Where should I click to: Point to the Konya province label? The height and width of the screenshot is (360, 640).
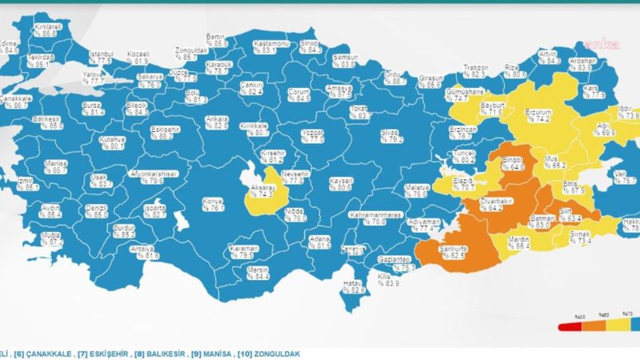pyautogui.click(x=214, y=204)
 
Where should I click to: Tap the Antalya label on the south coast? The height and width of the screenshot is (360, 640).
pyautogui.click(x=148, y=252)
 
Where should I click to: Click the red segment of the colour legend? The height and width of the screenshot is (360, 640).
pyautogui.click(x=569, y=327)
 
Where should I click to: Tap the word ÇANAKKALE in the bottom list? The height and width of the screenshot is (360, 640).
pyautogui.click(x=47, y=350)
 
